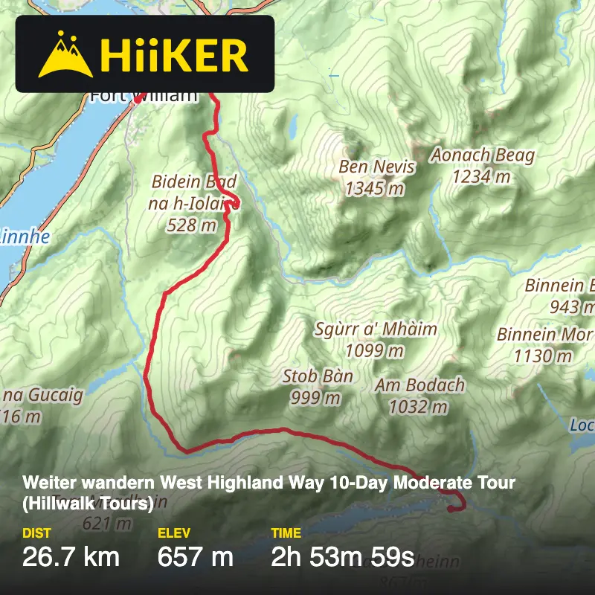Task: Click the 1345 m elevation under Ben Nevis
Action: coord(374,189)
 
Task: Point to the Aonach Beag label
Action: coord(483,155)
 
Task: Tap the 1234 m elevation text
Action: coord(481,177)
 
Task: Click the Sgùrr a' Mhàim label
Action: coord(375,329)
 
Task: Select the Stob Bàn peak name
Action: coord(318,376)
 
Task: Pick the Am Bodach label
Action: coord(419,385)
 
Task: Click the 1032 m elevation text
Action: coord(418,407)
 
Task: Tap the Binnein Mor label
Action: coord(544,335)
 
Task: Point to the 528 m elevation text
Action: coord(191,225)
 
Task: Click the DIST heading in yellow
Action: coord(36,533)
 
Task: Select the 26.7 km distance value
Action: coord(71,556)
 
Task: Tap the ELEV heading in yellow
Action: coord(173,533)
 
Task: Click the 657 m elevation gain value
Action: coord(195,556)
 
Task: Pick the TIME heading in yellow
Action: coord(286,533)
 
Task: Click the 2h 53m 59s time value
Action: coord(342,556)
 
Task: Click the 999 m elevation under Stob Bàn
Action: coord(315,398)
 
